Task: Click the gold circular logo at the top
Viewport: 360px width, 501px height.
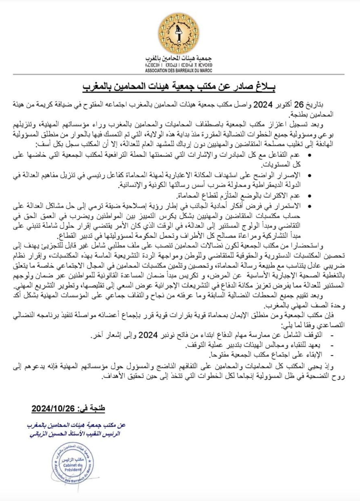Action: pos(179,33)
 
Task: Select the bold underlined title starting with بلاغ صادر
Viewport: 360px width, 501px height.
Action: pos(180,87)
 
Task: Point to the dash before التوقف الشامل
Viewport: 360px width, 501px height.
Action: pos(331,335)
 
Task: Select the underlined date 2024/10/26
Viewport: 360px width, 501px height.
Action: pos(53,408)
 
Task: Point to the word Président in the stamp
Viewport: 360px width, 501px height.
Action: pos(73,470)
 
